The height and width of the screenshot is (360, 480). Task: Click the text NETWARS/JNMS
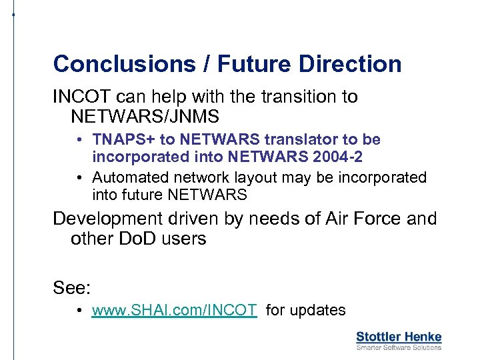tap(145, 117)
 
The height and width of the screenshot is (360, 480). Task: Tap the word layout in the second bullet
tap(257, 177)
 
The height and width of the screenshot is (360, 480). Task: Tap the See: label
tap(72, 287)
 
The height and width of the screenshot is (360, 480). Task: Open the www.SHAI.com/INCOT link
tap(174, 310)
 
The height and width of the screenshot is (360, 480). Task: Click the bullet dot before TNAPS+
tap(79, 140)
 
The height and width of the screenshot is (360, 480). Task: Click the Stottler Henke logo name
tap(399, 337)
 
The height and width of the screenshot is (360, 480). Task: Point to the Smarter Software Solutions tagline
tap(399, 347)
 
